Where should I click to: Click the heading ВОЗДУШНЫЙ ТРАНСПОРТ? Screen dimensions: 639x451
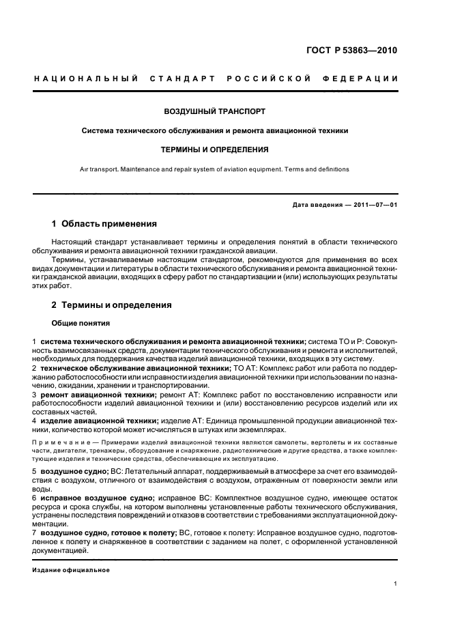[x=215, y=110]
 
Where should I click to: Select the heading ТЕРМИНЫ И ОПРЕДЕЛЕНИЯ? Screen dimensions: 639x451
[x=215, y=149]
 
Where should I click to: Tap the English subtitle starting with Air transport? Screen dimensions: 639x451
[x=214, y=169]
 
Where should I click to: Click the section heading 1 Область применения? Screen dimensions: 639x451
[x=104, y=224]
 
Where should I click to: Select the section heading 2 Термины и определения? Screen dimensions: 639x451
[x=112, y=305]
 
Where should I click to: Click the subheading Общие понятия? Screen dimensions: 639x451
[x=76, y=323]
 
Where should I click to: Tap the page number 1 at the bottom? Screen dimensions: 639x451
[x=396, y=584]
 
